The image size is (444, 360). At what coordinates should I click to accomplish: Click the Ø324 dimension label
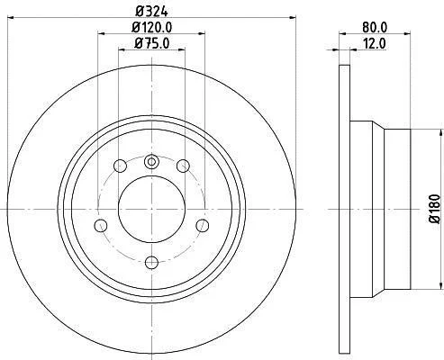pyautogui.click(x=151, y=12)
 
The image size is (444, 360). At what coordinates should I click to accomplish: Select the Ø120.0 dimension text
pyautogui.click(x=152, y=28)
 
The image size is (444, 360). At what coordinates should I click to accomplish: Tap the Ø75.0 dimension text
pyautogui.click(x=152, y=43)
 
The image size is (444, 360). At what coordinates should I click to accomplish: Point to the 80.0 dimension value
pyautogui.click(x=375, y=28)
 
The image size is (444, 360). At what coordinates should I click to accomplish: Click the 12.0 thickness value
pyautogui.click(x=375, y=44)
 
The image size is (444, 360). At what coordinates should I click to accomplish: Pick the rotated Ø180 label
pyautogui.click(x=435, y=209)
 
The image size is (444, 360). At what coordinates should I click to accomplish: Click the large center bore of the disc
pyautogui.click(x=151, y=210)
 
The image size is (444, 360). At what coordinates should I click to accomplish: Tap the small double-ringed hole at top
pyautogui.click(x=151, y=162)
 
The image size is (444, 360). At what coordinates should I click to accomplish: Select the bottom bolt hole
pyautogui.click(x=151, y=263)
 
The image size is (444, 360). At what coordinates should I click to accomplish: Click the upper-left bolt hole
pyautogui.click(x=120, y=166)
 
